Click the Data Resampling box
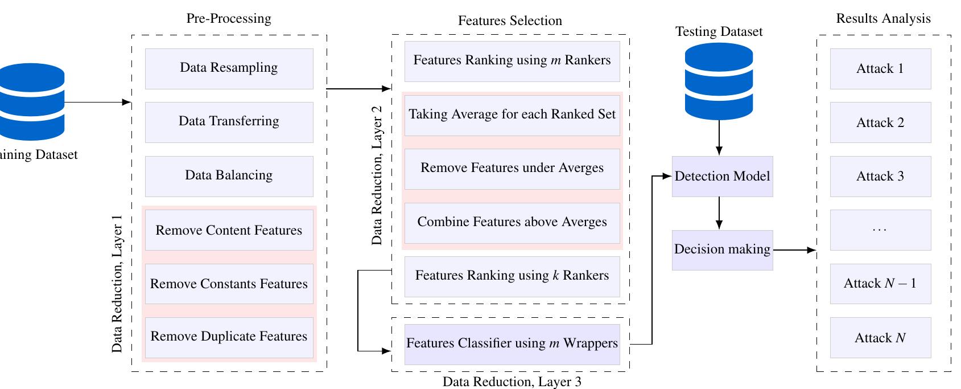(x=229, y=68)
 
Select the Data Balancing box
(x=229, y=176)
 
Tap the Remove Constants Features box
(x=229, y=284)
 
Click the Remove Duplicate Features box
(x=229, y=337)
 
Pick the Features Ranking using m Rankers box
(x=512, y=61)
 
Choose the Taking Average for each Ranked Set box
(x=512, y=115)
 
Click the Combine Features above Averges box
(x=512, y=223)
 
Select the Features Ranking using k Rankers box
(x=512, y=276)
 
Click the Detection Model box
(x=722, y=177)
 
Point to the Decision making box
(x=722, y=250)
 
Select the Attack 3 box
(x=880, y=177)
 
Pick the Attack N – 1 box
(x=880, y=284)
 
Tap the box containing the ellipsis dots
(x=880, y=230)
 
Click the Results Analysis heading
(x=883, y=19)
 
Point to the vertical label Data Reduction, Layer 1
(x=117, y=284)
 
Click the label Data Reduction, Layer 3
(x=512, y=382)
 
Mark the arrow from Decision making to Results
(x=794, y=250)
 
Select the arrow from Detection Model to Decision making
(x=719, y=213)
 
